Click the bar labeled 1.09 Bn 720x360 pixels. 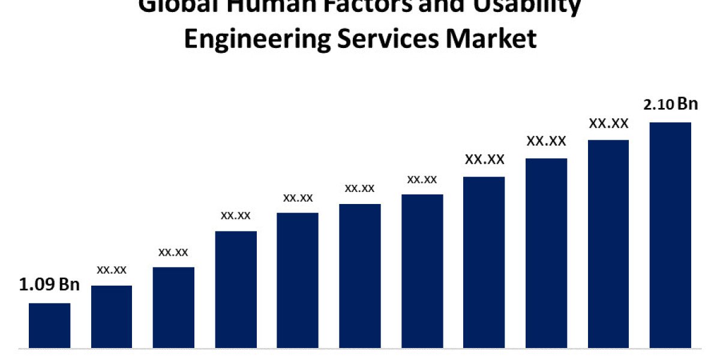coord(50,325)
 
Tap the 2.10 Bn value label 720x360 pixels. coord(670,104)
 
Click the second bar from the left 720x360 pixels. coord(112,316)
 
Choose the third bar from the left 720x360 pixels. coord(173,307)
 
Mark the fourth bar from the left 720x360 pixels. coord(236,289)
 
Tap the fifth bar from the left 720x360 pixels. coord(298,280)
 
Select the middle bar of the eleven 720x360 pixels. coord(360,276)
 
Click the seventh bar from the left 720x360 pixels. coord(422,271)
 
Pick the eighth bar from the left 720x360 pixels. coord(484,262)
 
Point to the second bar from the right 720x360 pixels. coord(608,244)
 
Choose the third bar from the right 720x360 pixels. coord(546,253)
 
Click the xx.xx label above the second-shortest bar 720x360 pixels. coord(112,270)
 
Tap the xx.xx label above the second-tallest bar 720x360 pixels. coord(608,124)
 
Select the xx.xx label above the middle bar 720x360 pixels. coord(360,188)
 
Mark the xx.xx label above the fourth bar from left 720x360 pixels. coord(236,215)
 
